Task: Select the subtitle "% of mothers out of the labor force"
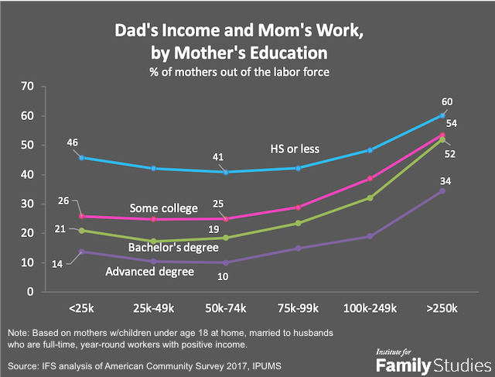pos(247,72)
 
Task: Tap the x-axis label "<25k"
pos(81,307)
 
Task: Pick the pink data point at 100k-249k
pos(370,179)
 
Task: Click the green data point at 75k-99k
pos(298,223)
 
